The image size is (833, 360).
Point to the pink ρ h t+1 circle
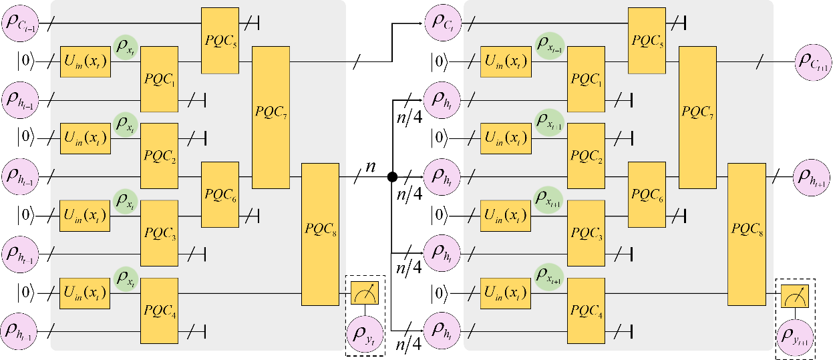click(x=812, y=176)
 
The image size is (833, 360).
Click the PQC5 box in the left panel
click(x=220, y=41)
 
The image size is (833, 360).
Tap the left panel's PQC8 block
click(x=321, y=234)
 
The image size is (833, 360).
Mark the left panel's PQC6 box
click(x=220, y=194)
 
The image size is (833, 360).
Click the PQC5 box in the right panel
click(x=647, y=41)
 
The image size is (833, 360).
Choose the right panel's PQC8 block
click(x=746, y=234)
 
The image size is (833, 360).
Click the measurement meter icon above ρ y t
click(x=365, y=293)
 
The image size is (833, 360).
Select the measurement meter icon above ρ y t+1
click(x=795, y=296)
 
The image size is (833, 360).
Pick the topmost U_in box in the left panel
click(x=85, y=62)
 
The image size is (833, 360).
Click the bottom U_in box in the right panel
click(x=505, y=293)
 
